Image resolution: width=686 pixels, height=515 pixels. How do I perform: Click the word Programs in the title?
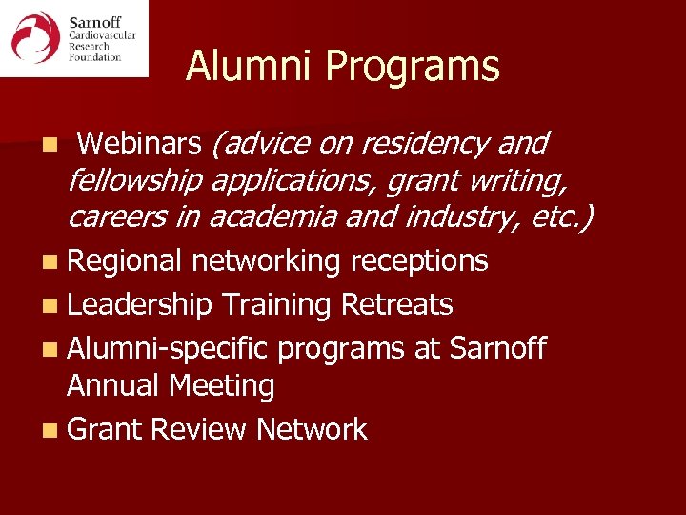point(412,68)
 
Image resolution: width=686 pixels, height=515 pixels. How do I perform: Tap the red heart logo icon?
point(34,37)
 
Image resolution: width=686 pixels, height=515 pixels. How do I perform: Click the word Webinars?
point(139,143)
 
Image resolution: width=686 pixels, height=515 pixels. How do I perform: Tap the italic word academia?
point(270,216)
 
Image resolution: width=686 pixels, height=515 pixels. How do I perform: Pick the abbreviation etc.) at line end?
point(556,216)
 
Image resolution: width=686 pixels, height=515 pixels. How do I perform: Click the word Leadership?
point(140,305)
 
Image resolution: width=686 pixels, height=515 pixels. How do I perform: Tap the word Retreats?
point(395,305)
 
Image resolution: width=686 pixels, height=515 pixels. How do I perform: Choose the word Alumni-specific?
point(169,349)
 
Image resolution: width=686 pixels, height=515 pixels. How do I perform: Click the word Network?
point(311,430)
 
